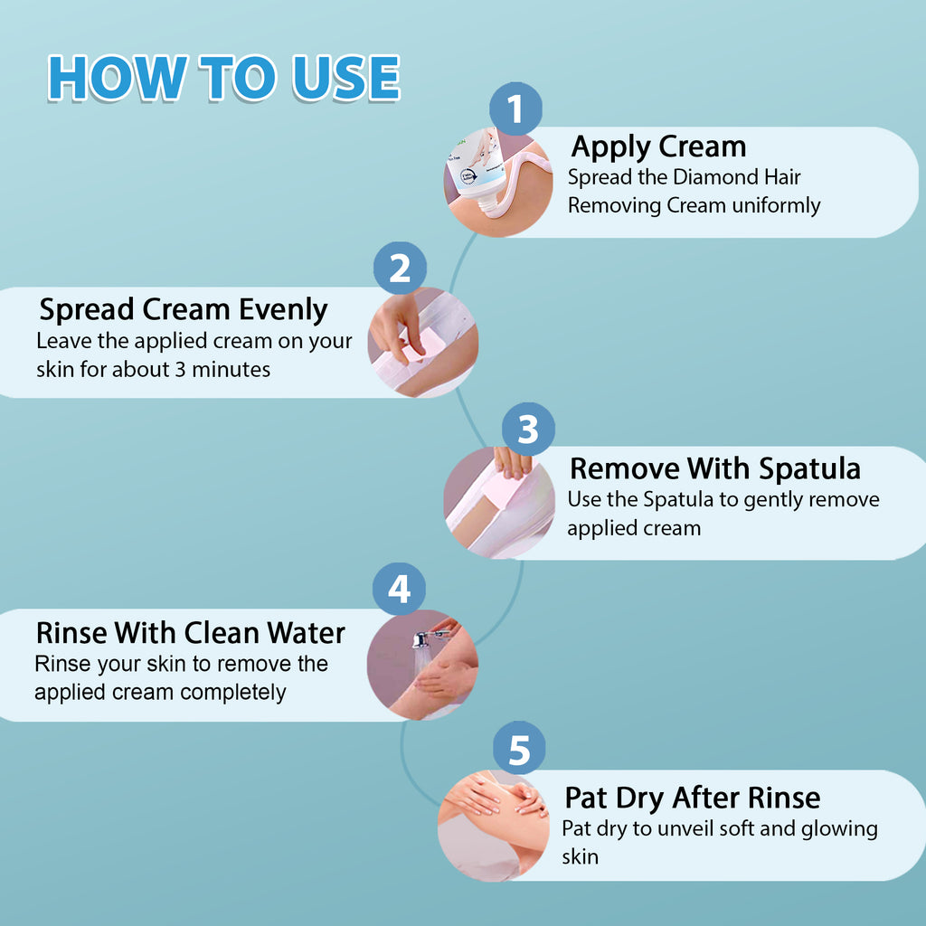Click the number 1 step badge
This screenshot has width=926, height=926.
coord(515,109)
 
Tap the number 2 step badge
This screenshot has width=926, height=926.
coord(400,268)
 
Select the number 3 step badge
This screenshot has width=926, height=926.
coord(528,429)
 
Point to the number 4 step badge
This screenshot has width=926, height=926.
coord(399,589)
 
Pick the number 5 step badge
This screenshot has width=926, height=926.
coord(519,748)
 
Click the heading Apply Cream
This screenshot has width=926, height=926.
coord(658,147)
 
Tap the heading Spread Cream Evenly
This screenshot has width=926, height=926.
coord(183,310)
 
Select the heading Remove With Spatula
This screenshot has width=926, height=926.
coord(714,469)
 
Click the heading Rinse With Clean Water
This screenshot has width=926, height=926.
coord(190,632)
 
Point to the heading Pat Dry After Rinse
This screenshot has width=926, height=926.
coord(692,798)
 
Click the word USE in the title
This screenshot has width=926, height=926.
coord(346,78)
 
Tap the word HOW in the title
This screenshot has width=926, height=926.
coord(118,78)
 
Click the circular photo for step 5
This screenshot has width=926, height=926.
coord(494,826)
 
